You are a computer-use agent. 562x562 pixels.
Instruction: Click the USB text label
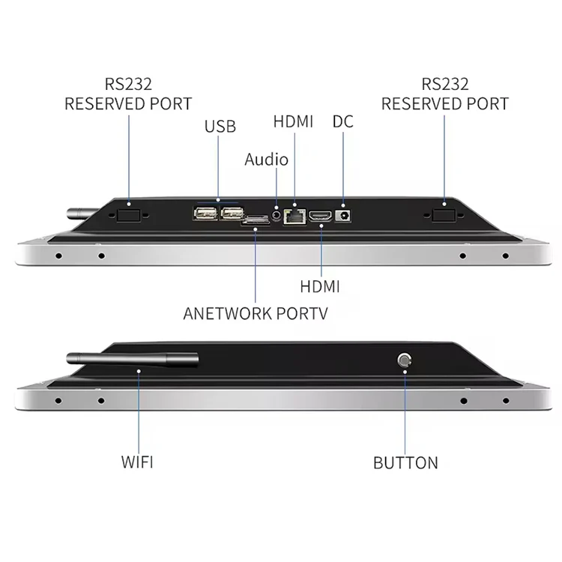(220, 126)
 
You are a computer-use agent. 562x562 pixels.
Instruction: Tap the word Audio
(266, 159)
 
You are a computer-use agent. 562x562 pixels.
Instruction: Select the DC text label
(342, 121)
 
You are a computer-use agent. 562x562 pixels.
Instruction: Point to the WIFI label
(137, 462)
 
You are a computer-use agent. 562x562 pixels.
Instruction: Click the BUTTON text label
(405, 462)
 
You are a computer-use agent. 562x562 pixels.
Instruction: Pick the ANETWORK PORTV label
(255, 313)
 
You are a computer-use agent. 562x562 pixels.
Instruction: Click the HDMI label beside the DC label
(293, 121)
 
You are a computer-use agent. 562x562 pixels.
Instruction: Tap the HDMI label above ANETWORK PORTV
(320, 286)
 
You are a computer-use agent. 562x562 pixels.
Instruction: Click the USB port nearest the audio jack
(230, 214)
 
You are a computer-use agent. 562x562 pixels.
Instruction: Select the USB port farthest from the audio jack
(205, 214)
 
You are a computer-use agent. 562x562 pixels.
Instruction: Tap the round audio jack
(278, 215)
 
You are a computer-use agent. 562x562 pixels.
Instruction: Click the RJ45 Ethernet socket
(296, 216)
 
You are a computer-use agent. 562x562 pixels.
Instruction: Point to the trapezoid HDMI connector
(321, 216)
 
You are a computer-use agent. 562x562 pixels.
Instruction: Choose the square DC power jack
(345, 215)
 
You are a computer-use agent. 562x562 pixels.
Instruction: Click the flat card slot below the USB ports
(256, 221)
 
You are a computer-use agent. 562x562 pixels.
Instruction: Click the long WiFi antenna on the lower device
(132, 359)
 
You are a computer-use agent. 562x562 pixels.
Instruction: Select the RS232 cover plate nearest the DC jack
(444, 215)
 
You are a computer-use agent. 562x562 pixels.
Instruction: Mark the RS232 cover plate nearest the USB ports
(129, 214)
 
